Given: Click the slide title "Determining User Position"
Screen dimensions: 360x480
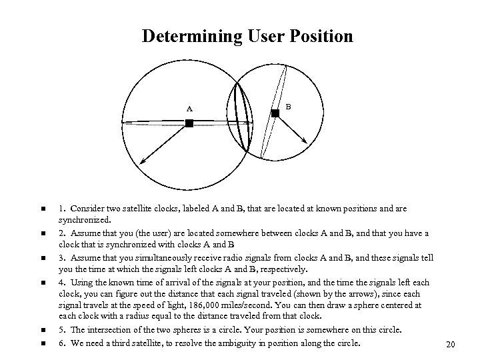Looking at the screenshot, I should [247, 36].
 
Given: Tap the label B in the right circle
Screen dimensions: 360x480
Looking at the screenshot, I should [287, 105].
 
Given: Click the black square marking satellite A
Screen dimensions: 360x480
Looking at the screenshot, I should [189, 123].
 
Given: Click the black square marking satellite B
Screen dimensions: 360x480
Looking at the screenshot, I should [275, 114].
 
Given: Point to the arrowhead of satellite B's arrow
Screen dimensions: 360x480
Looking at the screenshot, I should [305, 141].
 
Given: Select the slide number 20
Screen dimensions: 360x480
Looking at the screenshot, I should [449, 345].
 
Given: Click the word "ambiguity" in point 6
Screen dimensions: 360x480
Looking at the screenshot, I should [268, 343].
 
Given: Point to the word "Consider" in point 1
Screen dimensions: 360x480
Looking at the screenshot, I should [87, 208].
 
